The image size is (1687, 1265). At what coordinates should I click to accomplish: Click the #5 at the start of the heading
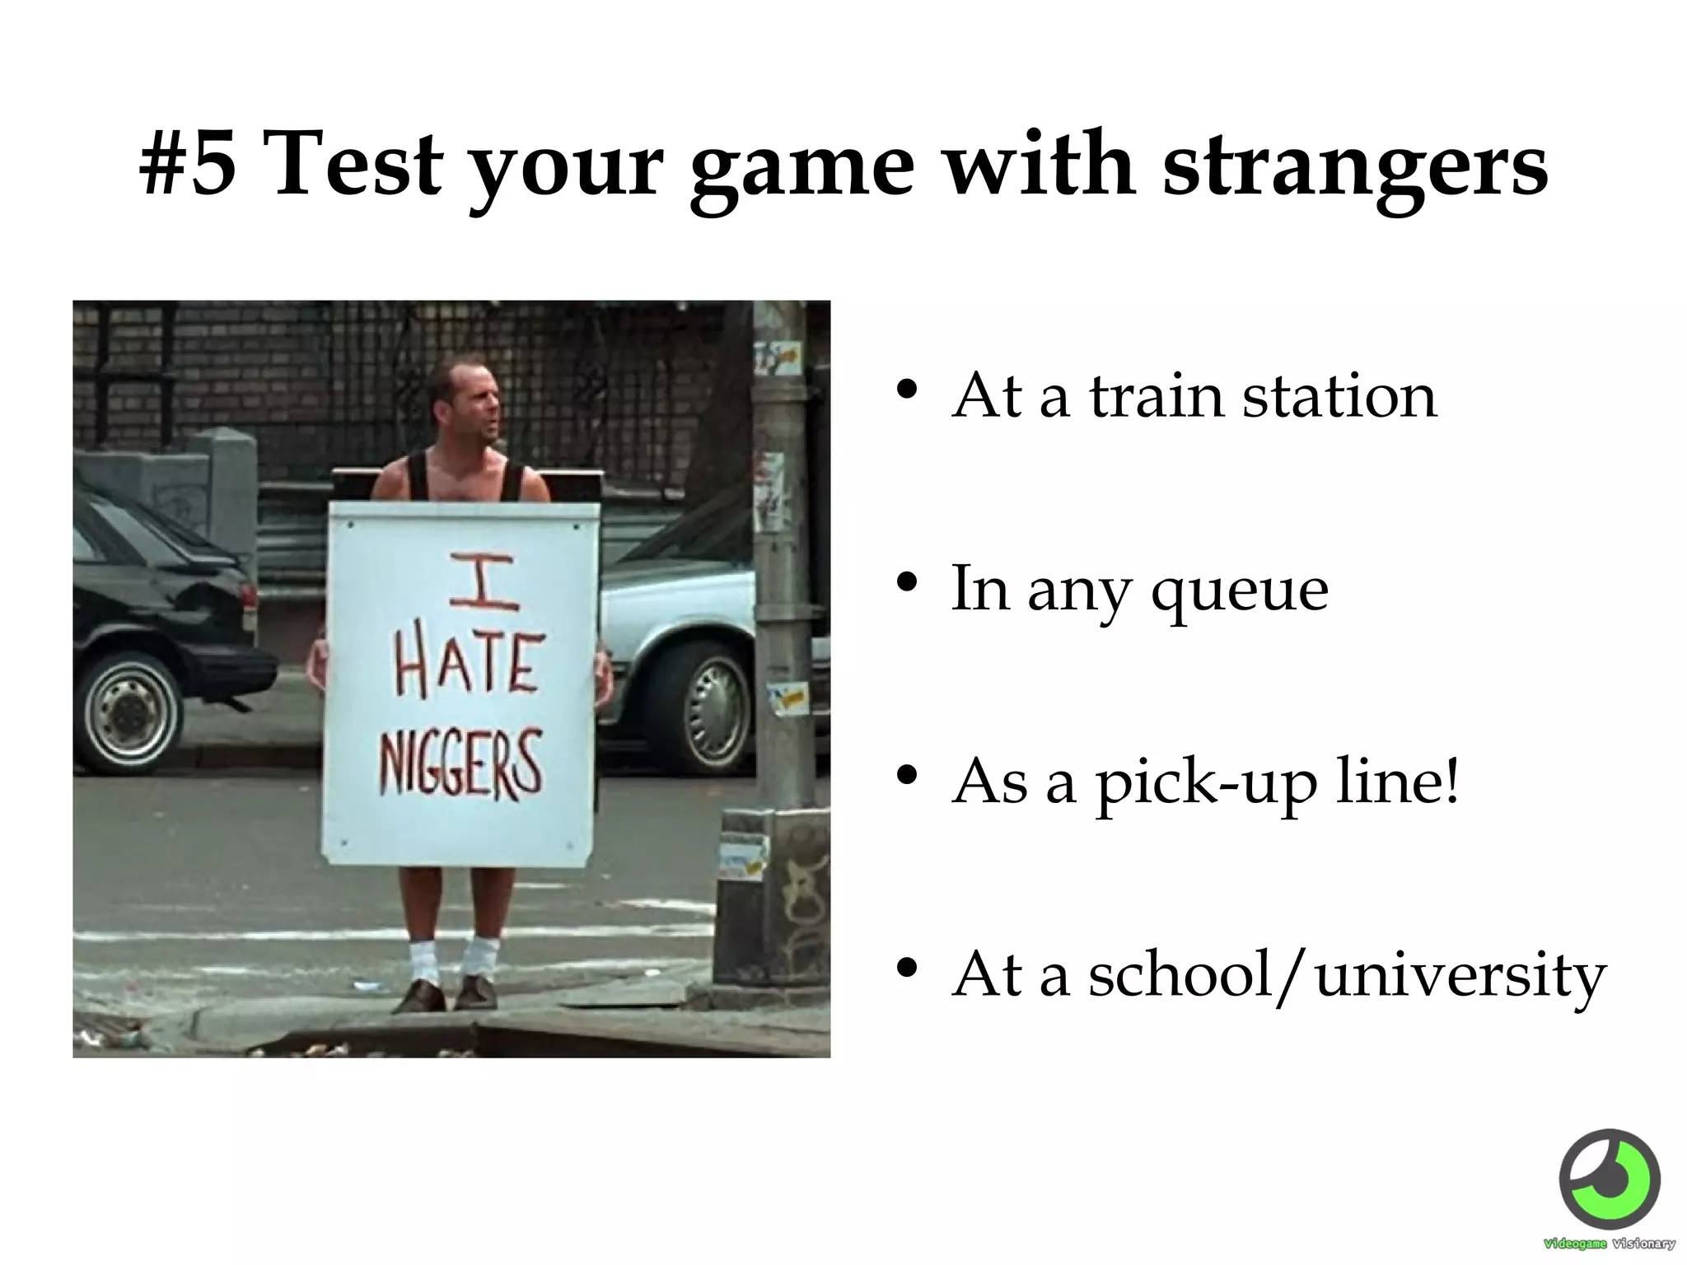pos(188,164)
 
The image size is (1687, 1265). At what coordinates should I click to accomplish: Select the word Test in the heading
pos(355,164)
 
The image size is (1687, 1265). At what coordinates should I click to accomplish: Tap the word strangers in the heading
pos(1354,164)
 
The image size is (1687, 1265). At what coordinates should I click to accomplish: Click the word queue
pos(1240,591)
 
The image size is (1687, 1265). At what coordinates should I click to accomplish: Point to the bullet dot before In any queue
pos(907,583)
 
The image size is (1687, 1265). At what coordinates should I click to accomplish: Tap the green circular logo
pos(1609,1180)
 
